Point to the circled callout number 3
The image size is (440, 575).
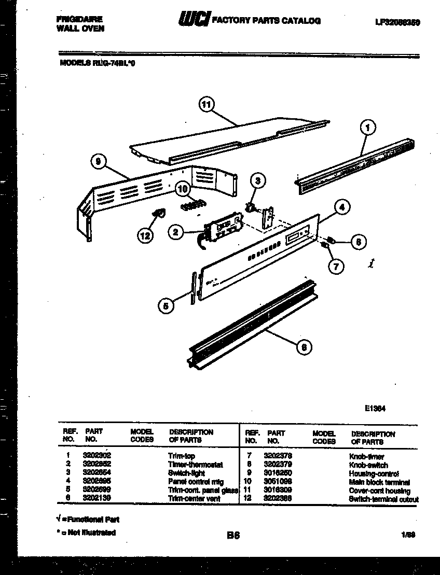pyautogui.click(x=257, y=180)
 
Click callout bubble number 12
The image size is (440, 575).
pyautogui.click(x=145, y=236)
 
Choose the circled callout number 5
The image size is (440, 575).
pyautogui.click(x=166, y=306)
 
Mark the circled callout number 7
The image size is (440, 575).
pyautogui.click(x=336, y=267)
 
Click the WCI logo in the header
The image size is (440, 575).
pyautogui.click(x=193, y=20)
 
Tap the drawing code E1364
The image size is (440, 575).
pyautogui.click(x=375, y=408)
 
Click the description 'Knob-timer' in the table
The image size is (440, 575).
pyautogui.click(x=367, y=457)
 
